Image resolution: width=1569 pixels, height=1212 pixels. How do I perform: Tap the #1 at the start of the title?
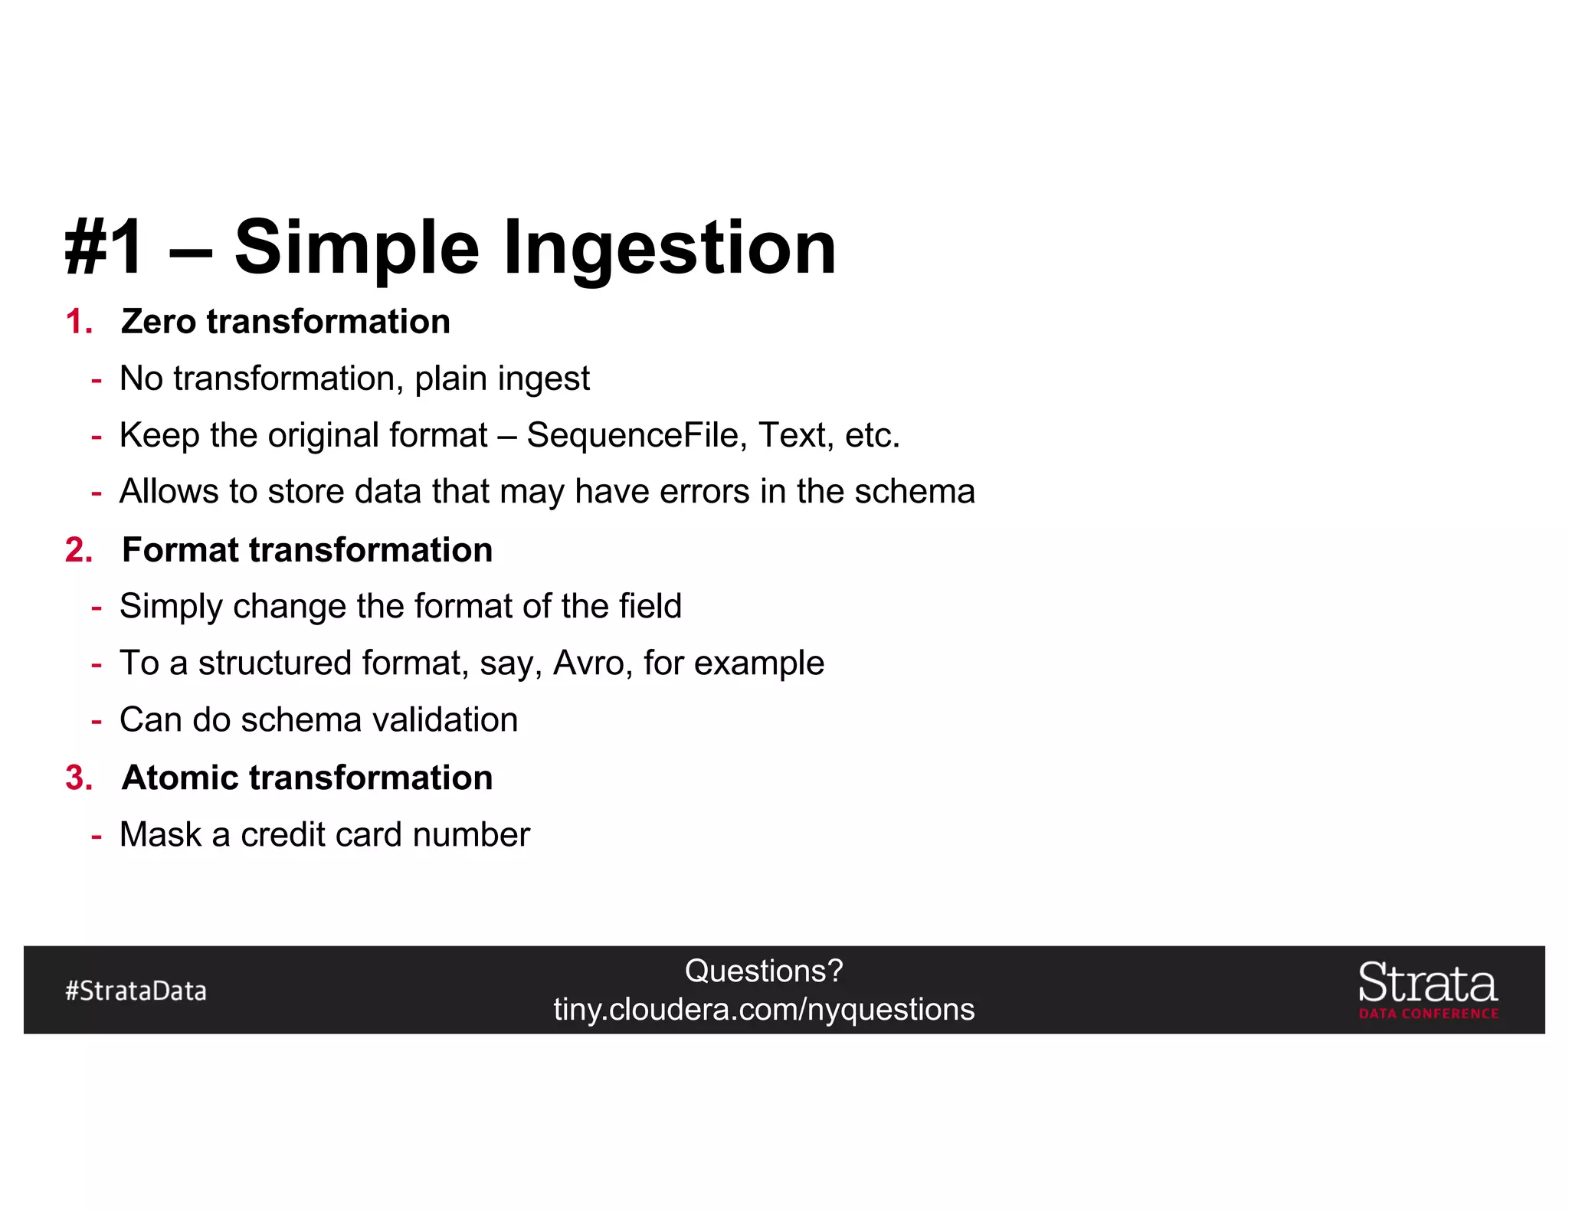104,247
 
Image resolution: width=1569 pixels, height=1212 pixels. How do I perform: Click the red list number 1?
78,322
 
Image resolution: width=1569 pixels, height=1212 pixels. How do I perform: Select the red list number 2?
78,550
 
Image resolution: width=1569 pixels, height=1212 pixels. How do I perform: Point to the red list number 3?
78,778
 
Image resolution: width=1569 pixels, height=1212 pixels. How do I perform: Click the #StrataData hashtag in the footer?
136,991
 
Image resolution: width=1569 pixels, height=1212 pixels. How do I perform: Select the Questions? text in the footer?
763,971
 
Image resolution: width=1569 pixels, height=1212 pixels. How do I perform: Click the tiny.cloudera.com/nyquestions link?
763,1010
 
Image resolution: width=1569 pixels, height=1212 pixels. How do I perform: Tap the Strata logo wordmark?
1427,983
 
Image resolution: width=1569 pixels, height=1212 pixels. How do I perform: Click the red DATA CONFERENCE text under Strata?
1428,1014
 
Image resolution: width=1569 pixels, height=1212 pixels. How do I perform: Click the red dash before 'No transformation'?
97,379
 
